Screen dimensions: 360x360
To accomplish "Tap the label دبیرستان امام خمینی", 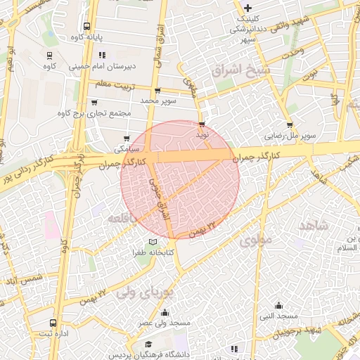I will tap(105, 68).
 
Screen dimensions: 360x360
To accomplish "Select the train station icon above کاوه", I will tap(49, 55).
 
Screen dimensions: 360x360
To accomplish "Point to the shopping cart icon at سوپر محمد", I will tap(157, 91).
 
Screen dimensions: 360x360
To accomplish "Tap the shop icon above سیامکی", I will tap(127, 139).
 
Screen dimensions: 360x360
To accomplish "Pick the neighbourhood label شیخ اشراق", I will tap(239, 70).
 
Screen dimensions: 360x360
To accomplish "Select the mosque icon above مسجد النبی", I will tap(279, 306).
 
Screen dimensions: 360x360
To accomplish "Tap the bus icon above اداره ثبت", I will tap(53, 323).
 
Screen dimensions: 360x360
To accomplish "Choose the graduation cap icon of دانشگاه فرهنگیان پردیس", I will tap(149, 344).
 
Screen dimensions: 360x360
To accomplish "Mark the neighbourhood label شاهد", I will tap(314, 225).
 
